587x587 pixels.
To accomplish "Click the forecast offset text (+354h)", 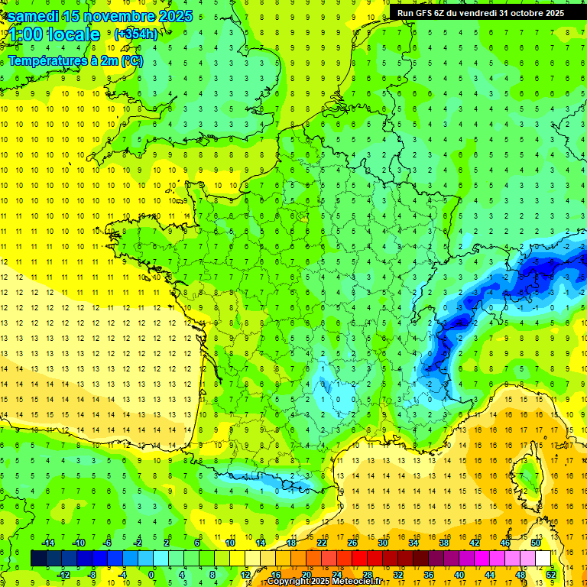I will pos(136,34).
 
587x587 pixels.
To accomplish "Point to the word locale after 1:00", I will pos(73,34).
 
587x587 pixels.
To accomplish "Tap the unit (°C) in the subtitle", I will pos(131,60).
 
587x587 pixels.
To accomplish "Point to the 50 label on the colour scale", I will pos(535,542).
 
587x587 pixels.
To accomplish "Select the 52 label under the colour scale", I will pos(550,575).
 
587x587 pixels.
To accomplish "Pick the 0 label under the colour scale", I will pos(151,575).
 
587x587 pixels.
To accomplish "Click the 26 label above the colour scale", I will pos(352,542).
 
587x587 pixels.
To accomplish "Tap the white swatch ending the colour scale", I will pos(543,559).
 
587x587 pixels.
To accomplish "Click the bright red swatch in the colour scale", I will pos(359,559).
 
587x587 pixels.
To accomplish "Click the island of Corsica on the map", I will pos(527,478).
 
